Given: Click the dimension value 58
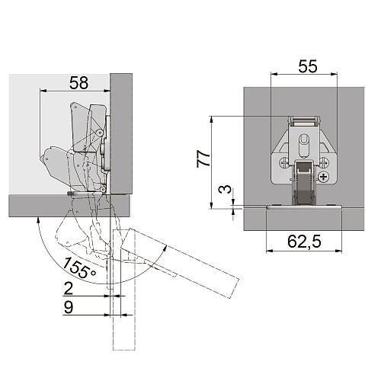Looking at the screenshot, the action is pos(79,82).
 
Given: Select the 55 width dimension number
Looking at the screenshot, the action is pos(308,66).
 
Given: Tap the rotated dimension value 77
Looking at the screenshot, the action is pos(203,158).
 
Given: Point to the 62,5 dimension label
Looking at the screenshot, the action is pos(304,242).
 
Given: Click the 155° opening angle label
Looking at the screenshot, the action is pos(79,268).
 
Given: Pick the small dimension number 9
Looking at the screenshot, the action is pos(69,307).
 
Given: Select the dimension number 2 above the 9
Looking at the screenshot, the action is pos(69,288).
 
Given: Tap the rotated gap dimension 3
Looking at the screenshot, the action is pos(226,189).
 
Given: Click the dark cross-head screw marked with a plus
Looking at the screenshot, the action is pos(324,177).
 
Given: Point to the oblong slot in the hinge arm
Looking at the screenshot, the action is pos(303,146).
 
